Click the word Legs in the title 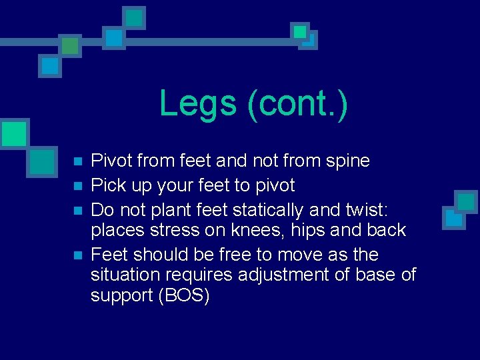coord(199,104)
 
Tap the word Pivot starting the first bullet coord(111,161)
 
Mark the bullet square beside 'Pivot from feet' coord(77,162)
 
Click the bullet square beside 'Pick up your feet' coord(77,186)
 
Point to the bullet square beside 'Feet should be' coord(77,255)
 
